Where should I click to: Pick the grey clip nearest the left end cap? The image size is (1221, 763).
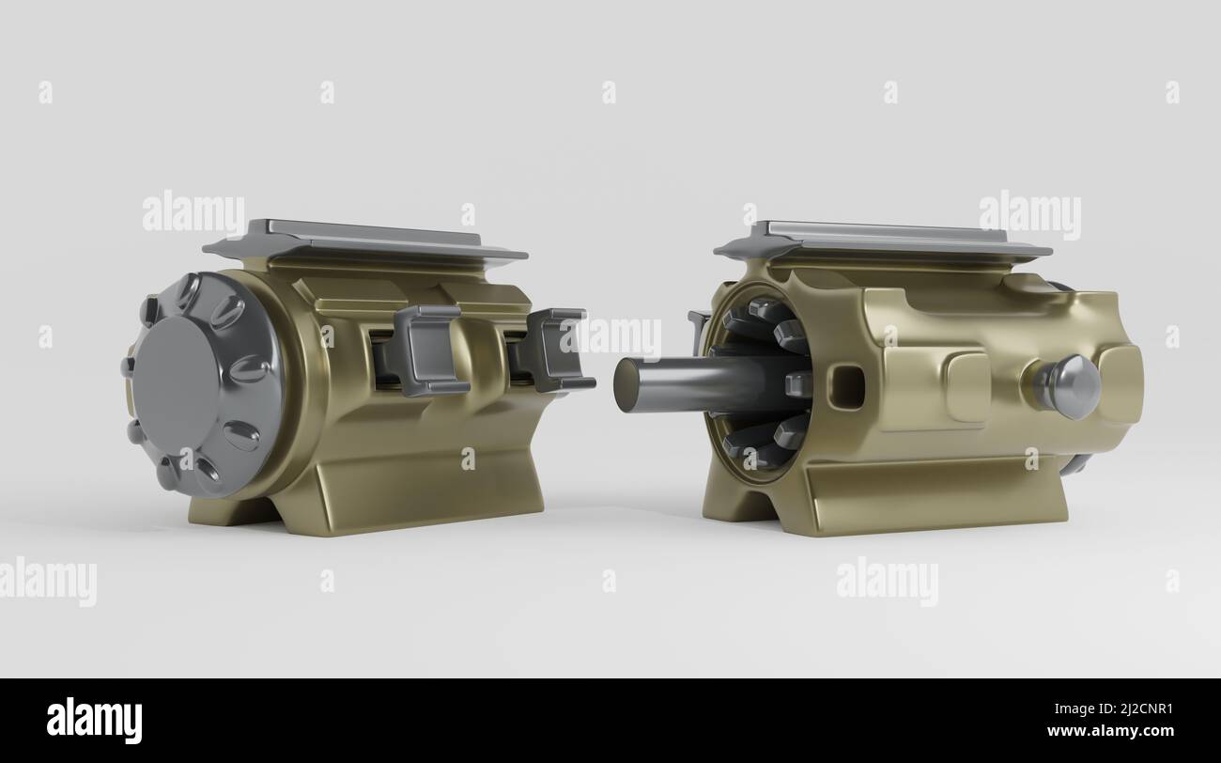428,350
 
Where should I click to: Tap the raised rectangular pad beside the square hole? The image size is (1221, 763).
966,386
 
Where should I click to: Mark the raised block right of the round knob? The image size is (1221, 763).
1121,383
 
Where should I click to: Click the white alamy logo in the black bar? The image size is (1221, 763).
94,721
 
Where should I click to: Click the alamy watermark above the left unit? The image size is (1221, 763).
193,213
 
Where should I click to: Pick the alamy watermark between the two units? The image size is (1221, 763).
615,336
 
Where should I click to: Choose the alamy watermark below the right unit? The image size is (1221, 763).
887,581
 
